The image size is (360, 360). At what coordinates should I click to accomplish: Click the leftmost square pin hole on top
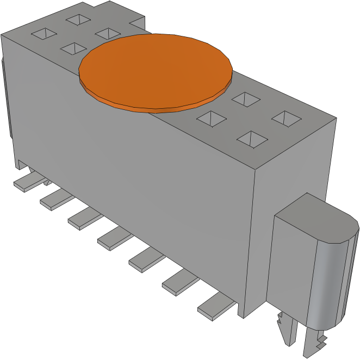(44, 35)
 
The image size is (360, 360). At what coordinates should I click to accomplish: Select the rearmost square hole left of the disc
(79, 20)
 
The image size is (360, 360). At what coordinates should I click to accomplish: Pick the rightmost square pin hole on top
(287, 117)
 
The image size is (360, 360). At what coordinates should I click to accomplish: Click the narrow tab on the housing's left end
(6, 98)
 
